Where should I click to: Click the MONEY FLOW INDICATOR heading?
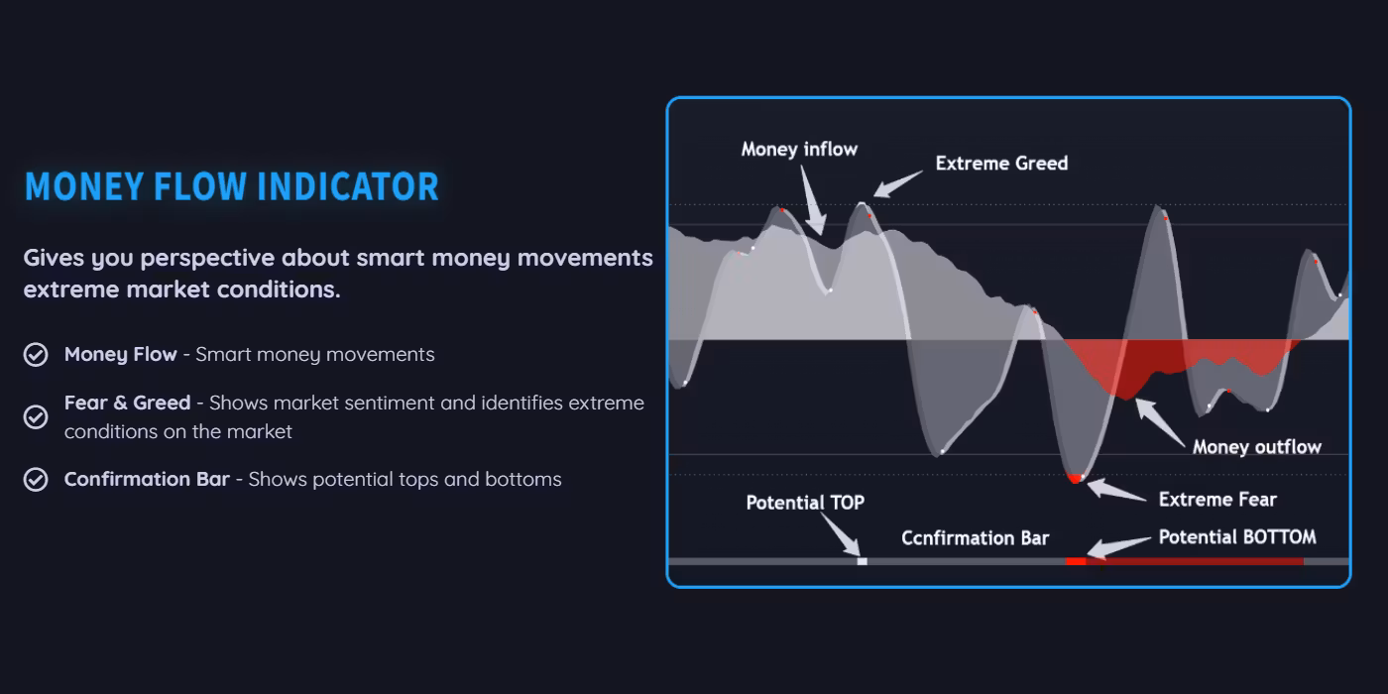click(232, 186)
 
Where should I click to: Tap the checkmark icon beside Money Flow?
click(36, 355)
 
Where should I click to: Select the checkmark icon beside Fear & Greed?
click(36, 417)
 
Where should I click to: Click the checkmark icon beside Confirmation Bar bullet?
click(36, 480)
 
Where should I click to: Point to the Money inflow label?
click(799, 150)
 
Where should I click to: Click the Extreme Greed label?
click(1002, 163)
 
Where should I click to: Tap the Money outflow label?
click(1257, 447)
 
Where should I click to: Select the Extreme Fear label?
click(1217, 500)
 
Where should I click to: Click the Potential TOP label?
click(805, 503)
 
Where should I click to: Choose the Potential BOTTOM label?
click(1237, 536)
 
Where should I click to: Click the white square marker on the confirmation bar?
click(862, 561)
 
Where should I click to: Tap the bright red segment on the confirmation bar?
click(1076, 561)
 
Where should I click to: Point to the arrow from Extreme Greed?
click(897, 184)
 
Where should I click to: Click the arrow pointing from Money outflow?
click(1160, 422)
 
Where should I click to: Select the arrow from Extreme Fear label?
click(1116, 489)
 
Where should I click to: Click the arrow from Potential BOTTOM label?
click(1119, 547)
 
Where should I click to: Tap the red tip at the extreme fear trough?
click(1076, 478)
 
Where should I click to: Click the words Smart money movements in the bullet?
click(315, 355)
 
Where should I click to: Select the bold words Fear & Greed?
click(128, 403)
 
